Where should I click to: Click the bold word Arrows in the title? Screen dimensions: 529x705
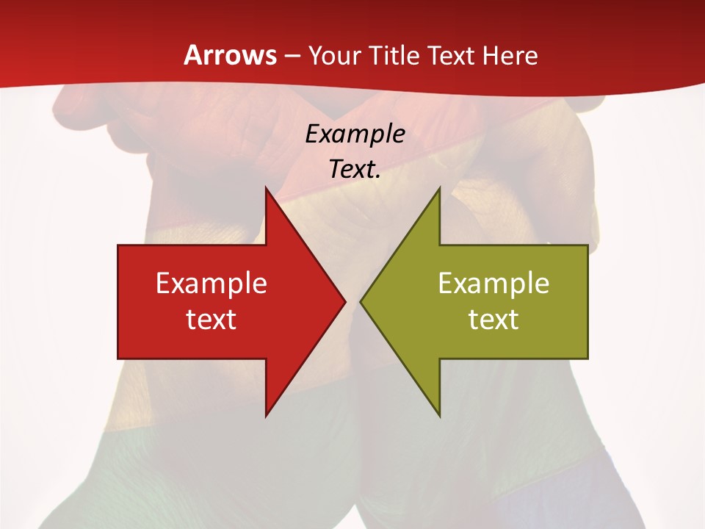tap(230, 55)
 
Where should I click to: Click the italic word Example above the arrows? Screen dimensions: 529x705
tap(355, 134)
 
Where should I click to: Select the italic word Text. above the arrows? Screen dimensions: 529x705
tap(355, 169)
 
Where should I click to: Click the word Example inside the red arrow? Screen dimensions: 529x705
tap(211, 283)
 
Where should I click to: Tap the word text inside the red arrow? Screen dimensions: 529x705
tap(211, 319)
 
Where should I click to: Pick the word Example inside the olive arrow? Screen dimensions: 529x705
tap(493, 283)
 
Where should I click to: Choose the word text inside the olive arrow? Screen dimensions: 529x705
tap(493, 319)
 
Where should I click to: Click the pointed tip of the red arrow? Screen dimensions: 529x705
tap(345, 302)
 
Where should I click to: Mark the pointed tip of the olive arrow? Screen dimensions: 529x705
tap(361, 302)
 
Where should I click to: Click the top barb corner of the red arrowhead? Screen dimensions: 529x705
tap(266, 188)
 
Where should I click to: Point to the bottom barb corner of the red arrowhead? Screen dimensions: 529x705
tap(266, 416)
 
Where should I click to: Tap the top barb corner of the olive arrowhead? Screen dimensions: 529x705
tap(439, 188)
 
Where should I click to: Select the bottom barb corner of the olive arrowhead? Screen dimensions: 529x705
tap(439, 416)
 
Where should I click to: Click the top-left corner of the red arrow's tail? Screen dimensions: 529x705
tap(118, 246)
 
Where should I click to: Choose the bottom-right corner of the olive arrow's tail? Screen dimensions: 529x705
tap(587, 358)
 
